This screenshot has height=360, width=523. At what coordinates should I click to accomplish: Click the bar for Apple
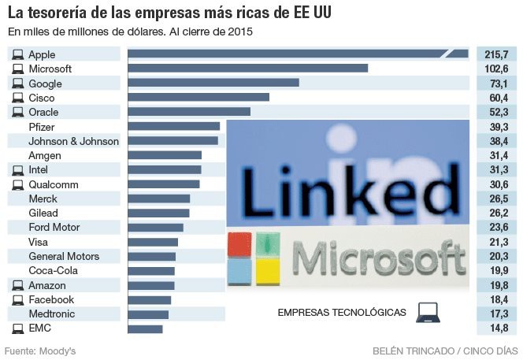298,54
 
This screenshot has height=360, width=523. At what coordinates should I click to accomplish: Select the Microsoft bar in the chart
247,69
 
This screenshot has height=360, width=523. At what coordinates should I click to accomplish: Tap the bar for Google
213,83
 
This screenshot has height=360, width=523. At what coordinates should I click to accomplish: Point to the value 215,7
497,54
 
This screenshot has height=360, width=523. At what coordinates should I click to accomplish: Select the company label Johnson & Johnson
73,141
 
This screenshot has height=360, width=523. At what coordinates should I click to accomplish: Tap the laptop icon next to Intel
17,170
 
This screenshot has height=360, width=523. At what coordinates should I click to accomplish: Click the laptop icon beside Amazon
17,285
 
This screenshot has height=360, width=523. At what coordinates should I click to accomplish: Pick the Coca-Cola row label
52,271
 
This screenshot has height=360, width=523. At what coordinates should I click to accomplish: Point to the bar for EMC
145,328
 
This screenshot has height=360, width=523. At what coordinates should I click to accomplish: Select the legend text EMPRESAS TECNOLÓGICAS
342,313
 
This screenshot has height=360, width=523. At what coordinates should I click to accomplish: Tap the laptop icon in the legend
426,312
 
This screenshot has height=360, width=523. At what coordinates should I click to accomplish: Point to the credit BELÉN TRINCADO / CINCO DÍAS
444,350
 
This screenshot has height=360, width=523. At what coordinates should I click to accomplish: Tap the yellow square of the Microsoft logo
268,272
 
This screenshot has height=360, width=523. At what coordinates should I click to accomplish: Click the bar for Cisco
198,98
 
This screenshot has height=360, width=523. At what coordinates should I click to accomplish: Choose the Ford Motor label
54,228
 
